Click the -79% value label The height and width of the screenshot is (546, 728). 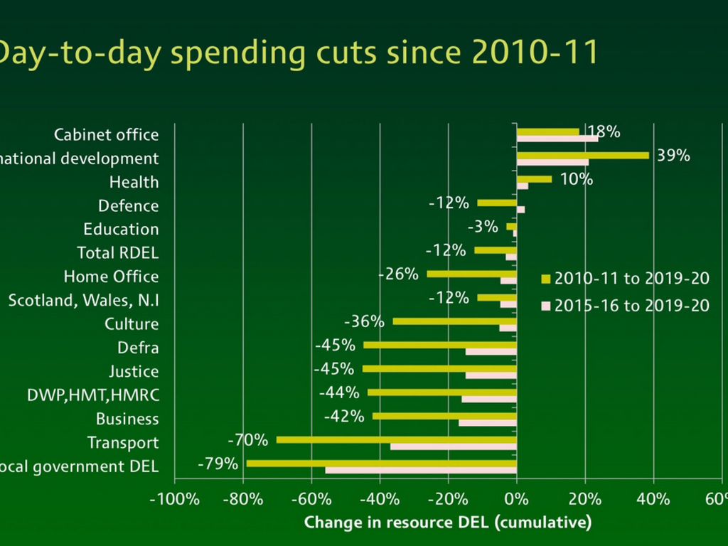[218, 464]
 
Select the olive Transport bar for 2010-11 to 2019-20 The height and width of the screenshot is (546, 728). [396, 439]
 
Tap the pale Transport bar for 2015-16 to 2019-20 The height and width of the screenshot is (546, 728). [453, 446]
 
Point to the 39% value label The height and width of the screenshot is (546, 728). [673, 156]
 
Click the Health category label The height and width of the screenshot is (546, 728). [134, 182]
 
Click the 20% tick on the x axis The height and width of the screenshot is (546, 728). [584, 498]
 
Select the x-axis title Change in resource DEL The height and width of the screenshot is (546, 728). [447, 523]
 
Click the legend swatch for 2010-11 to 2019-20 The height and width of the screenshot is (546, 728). [546, 279]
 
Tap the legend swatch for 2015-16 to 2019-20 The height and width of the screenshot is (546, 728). [546, 306]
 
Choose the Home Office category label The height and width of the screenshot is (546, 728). [111, 277]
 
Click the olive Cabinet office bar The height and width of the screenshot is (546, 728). [547, 132]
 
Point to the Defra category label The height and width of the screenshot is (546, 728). [138, 348]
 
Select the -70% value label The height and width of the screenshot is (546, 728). [247, 440]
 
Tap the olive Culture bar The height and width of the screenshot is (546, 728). [454, 321]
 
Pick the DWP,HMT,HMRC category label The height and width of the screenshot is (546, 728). [92, 395]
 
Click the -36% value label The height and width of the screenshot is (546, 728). [364, 321]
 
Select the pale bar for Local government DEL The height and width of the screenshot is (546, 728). [421, 470]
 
